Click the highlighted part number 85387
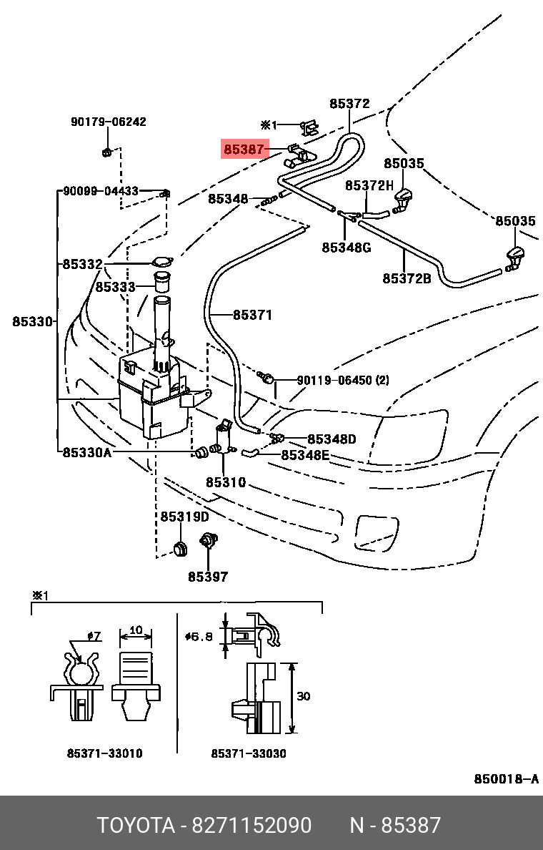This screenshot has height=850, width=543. point(244,150)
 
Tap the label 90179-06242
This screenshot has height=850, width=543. point(108,122)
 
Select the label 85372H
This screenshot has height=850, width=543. point(369,185)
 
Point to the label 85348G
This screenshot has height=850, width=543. point(346,248)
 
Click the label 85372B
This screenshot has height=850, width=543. point(406,278)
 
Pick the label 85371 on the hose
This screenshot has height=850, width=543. point(252,315)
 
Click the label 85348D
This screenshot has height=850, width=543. point(332,439)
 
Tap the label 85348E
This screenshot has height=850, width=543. point(305,455)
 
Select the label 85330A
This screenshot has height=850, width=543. point(86,452)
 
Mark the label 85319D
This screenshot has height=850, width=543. point(184,517)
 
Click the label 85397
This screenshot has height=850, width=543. point(208,576)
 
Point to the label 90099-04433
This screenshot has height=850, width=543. point(101,191)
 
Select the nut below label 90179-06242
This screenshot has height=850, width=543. point(106,151)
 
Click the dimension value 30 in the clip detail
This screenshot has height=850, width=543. point(303,696)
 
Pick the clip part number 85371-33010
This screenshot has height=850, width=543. point(104,753)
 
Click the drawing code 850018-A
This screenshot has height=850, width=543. point(506,779)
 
